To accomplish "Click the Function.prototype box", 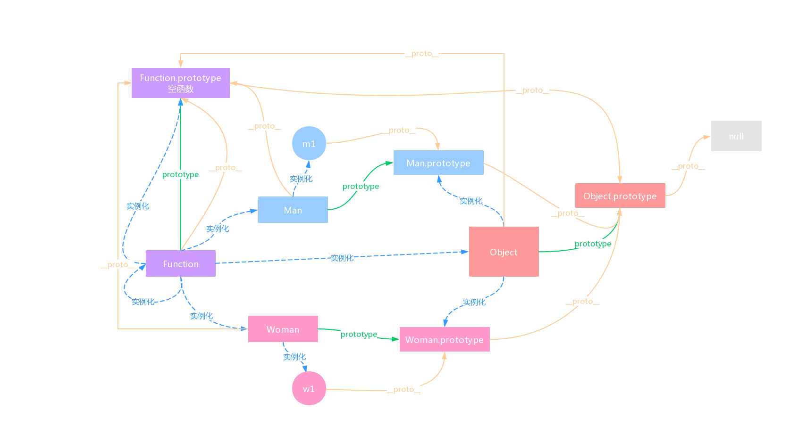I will click(180, 83).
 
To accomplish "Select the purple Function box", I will click(180, 263).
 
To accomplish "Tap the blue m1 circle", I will click(309, 143).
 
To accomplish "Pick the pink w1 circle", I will click(309, 388).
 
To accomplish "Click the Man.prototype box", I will click(438, 163).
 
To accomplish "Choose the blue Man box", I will click(293, 210).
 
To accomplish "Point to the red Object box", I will click(504, 252).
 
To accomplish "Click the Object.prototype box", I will click(620, 196).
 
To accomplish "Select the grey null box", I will click(736, 136).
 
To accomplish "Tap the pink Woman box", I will click(283, 329).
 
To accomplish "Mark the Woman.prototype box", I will click(444, 339).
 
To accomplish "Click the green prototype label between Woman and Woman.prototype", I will click(359, 334).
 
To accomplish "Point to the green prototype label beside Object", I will click(593, 244).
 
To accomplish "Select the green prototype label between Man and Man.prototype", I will click(361, 186).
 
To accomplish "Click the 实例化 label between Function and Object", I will click(342, 258).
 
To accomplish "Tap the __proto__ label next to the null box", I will click(688, 166).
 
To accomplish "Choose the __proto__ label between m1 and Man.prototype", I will click(399, 130).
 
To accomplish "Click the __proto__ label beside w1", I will click(403, 389).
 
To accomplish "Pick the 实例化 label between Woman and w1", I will click(294, 357).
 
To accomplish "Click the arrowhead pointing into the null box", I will click(707, 137).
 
